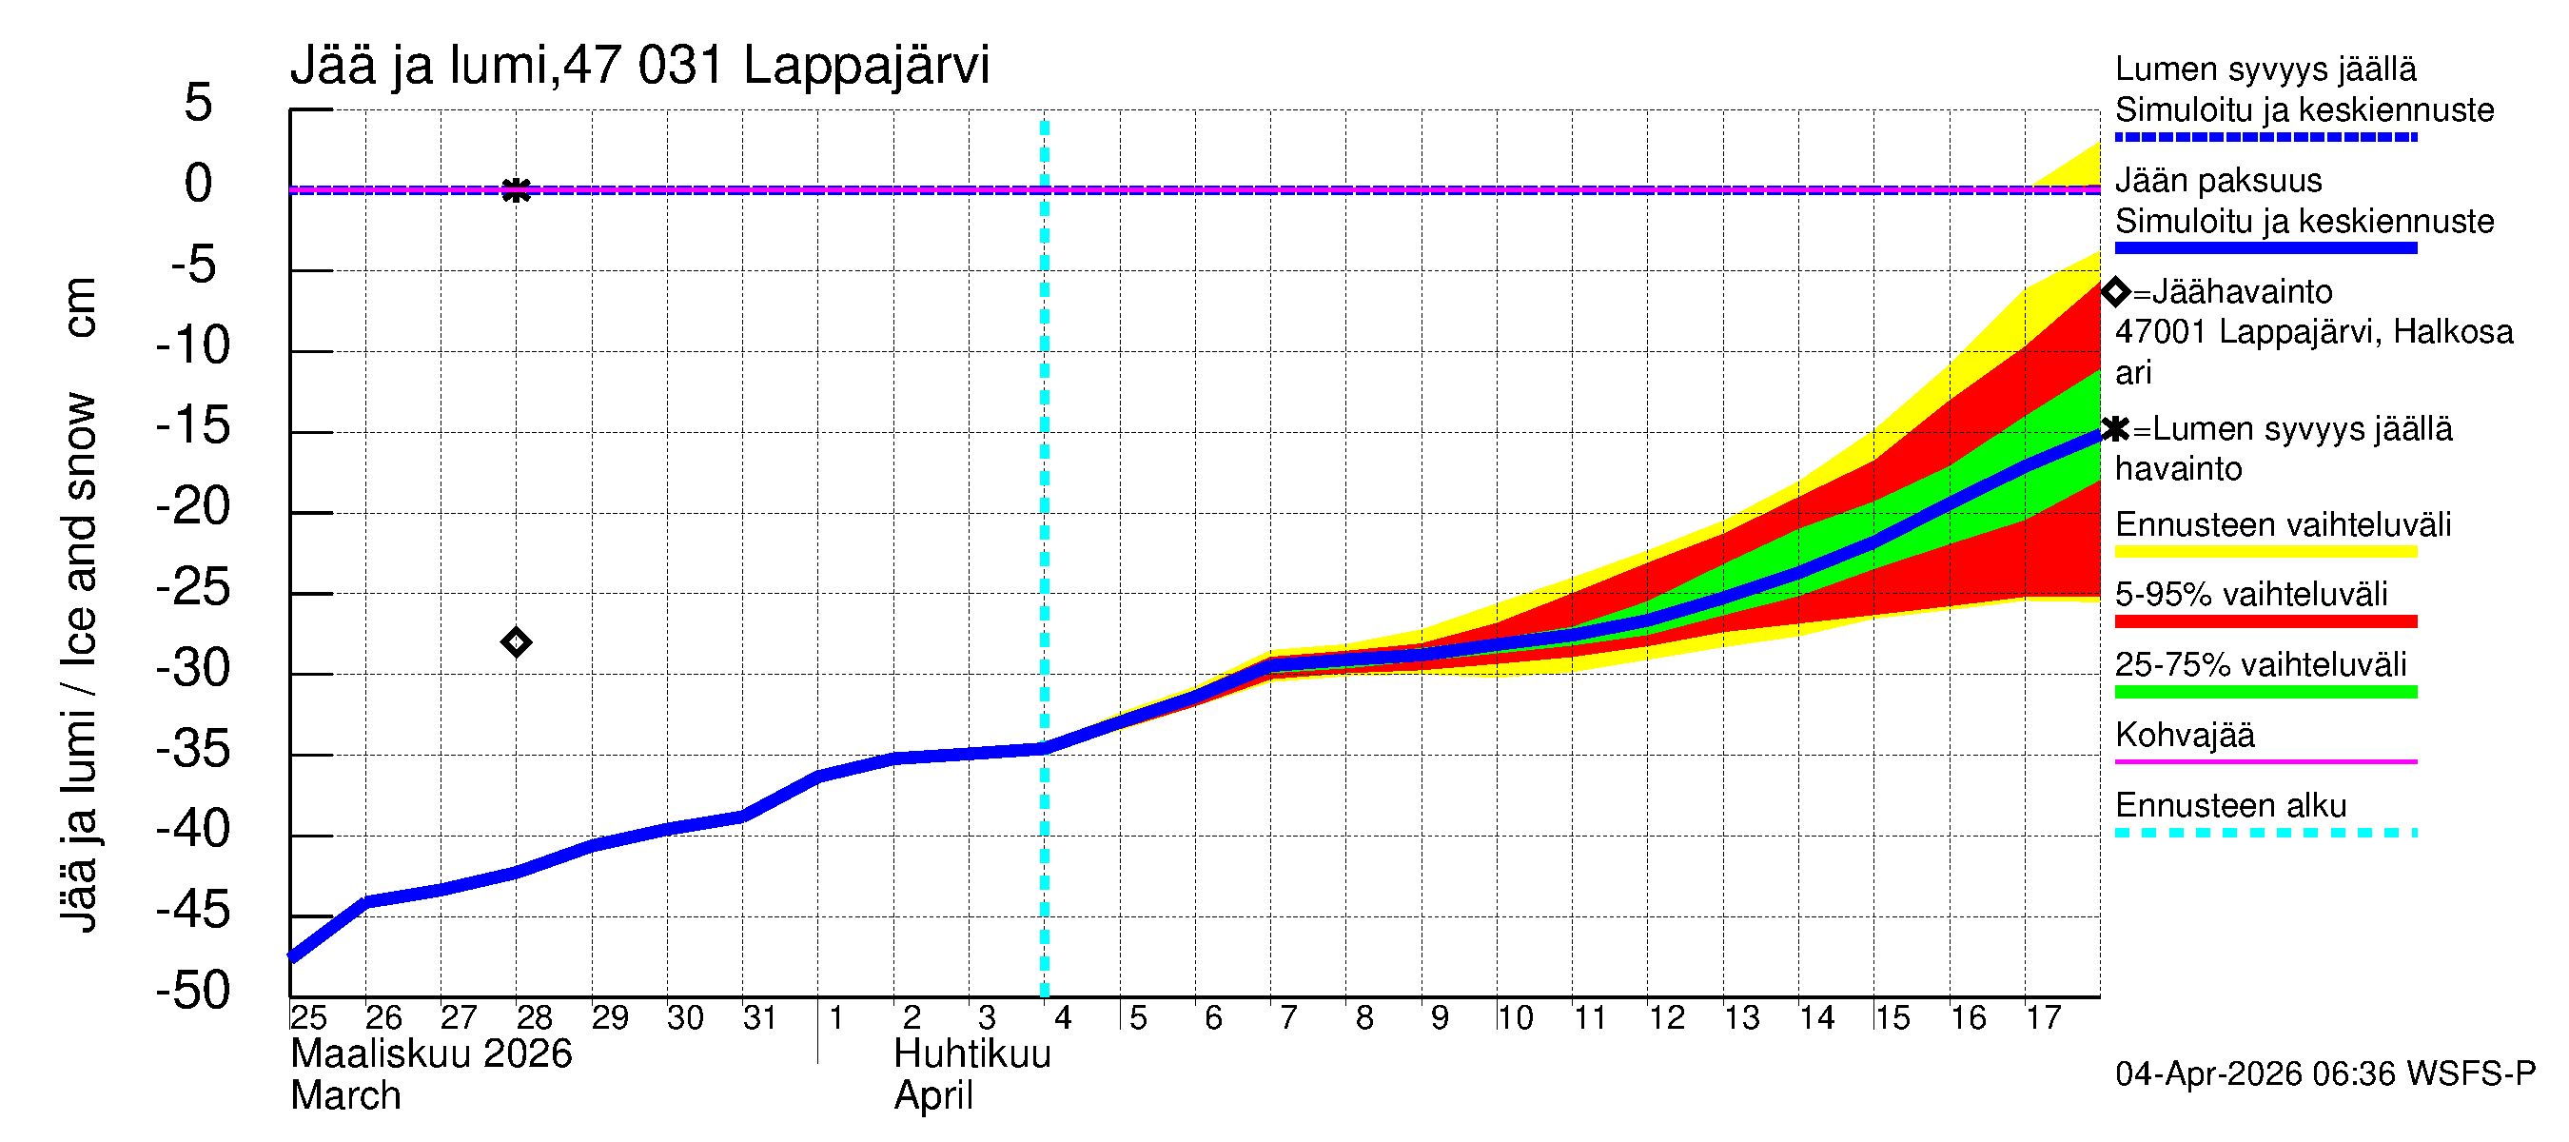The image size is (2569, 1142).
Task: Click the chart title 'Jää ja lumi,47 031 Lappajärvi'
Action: click(x=639, y=66)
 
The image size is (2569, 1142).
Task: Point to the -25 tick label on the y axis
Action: click(x=192, y=587)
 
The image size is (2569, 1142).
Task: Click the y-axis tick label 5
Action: click(x=199, y=103)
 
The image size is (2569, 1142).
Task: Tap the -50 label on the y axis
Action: click(x=192, y=992)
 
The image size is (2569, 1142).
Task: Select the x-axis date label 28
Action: click(x=534, y=1018)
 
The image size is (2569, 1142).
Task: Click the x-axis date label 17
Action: click(x=2043, y=1018)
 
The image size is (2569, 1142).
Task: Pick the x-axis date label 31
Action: click(x=760, y=1018)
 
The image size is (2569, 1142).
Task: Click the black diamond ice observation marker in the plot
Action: click(x=516, y=642)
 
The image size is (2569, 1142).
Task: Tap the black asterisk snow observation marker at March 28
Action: click(x=516, y=189)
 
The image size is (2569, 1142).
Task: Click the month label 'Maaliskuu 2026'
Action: click(x=431, y=1054)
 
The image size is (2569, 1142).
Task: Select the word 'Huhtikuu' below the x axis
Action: click(x=972, y=1054)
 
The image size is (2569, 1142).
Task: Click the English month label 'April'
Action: click(x=932, y=1096)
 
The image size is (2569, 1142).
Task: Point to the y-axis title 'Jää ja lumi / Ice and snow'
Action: click(x=79, y=662)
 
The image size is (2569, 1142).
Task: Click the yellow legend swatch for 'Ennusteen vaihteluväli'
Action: click(x=2265, y=552)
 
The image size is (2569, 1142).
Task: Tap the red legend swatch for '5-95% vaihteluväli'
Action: click(x=2265, y=621)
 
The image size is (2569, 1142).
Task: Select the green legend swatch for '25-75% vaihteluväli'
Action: click(x=2265, y=691)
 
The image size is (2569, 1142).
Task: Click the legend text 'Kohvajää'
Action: click(x=2184, y=735)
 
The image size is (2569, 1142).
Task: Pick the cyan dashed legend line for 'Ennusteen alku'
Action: click(x=2265, y=832)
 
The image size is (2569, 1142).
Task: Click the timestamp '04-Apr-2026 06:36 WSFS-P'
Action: click(x=2324, y=1074)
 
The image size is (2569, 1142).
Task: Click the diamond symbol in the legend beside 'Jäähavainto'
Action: click(x=2115, y=292)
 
